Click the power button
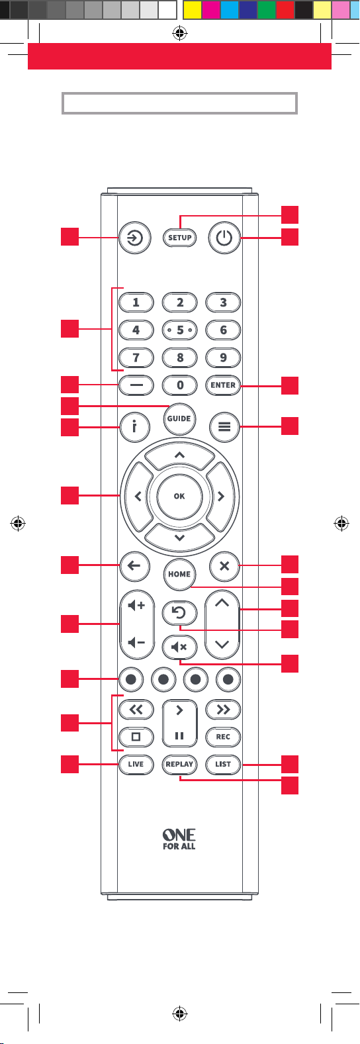coord(224,238)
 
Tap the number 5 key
coord(180,330)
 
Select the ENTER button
coord(223,385)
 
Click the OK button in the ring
coord(179,497)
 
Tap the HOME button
coord(179,574)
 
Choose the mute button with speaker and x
coord(179,647)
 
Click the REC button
coord(223,737)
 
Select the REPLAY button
coord(179,765)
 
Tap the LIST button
coord(223,765)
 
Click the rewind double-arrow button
coord(136,710)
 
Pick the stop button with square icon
coord(136,737)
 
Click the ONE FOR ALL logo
coord(179,839)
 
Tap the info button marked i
coord(134,426)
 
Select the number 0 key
coord(180,385)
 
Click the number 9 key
coord(223,358)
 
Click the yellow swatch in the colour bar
coord(193,10)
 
